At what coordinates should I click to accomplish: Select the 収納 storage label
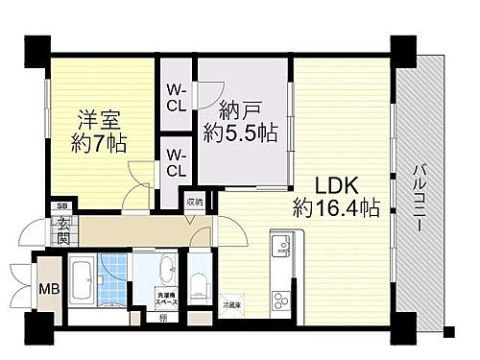tap(195, 203)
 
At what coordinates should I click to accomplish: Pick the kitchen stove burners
tap(281, 289)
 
